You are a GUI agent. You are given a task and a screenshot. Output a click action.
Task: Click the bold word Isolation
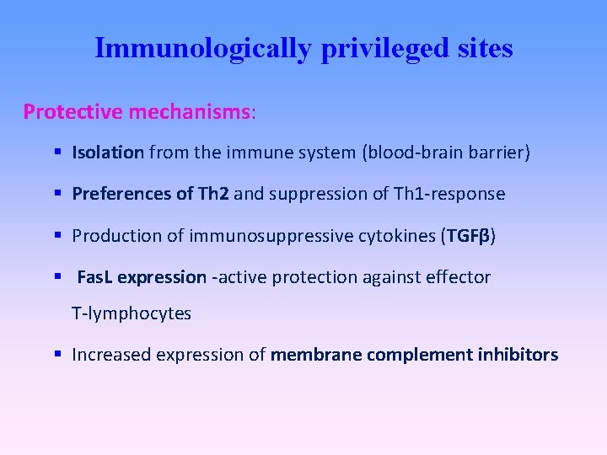(108, 153)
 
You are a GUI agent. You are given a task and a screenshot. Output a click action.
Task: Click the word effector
(459, 277)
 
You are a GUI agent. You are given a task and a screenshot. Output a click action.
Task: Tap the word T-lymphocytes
(132, 313)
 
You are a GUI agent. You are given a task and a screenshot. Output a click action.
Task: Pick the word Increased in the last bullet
(108, 355)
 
